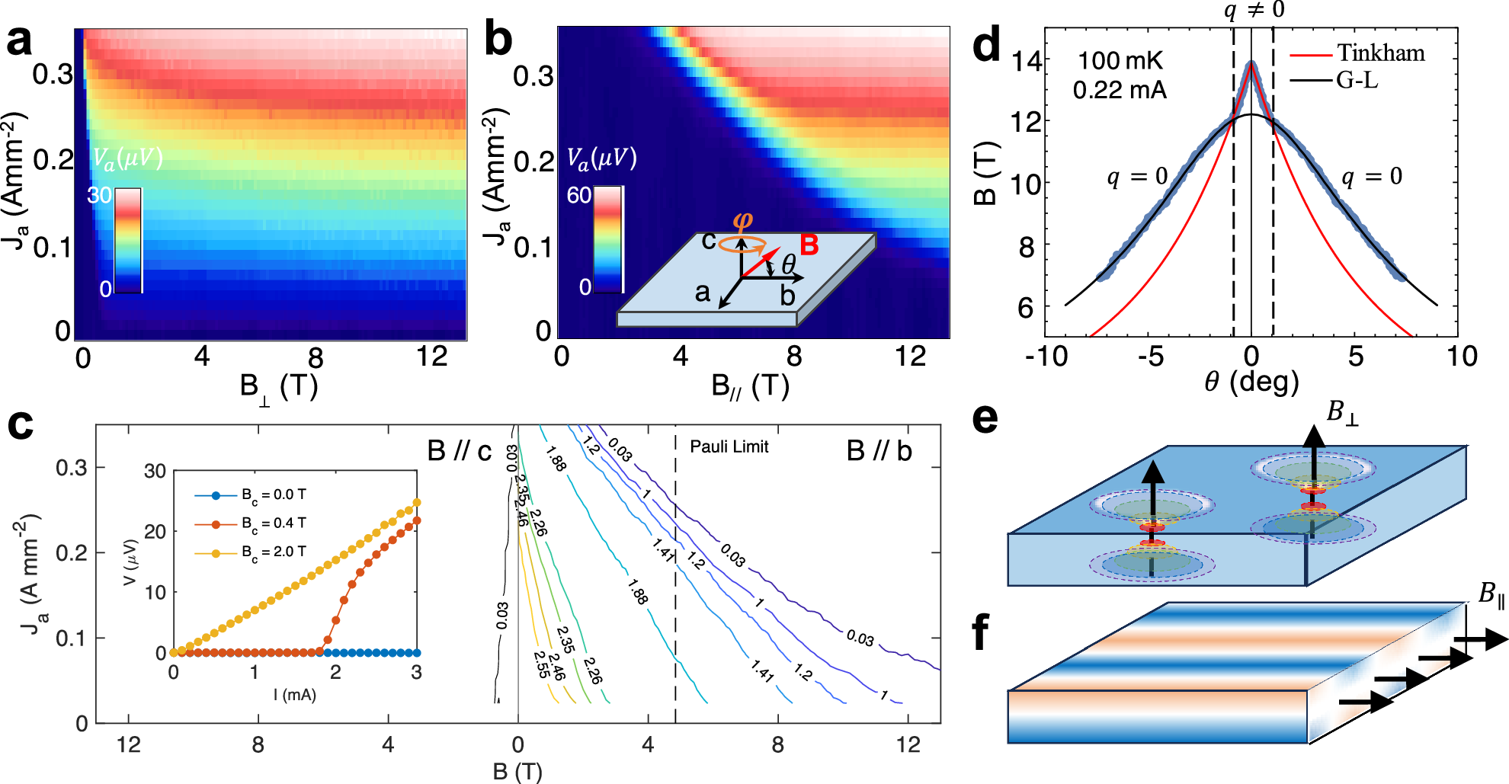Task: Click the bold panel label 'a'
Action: (20, 40)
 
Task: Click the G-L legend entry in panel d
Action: (1357, 80)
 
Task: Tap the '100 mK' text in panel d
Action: (1120, 61)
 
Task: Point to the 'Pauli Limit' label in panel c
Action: (729, 446)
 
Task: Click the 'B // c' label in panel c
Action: (459, 451)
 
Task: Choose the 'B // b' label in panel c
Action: (879, 451)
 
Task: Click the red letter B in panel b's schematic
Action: (809, 245)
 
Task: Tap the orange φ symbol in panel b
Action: (742, 221)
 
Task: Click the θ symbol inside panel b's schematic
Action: (788, 264)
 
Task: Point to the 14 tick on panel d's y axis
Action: (1026, 61)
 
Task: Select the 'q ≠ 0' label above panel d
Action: (1254, 10)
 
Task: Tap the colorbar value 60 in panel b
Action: (578, 196)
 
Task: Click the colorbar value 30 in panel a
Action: (100, 196)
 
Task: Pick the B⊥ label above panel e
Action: (1342, 412)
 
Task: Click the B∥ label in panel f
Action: (1491, 594)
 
